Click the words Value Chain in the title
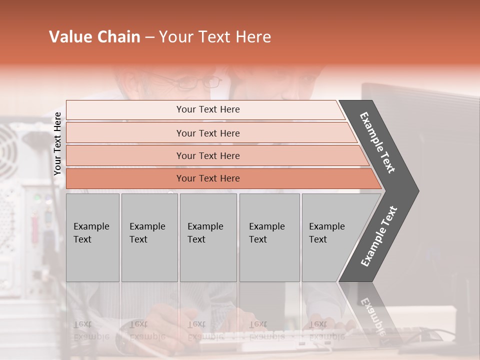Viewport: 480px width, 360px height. (94, 37)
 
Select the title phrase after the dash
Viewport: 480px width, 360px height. (215, 37)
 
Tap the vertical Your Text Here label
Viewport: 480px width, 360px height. (57, 143)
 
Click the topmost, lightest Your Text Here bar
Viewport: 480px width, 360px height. (207, 109)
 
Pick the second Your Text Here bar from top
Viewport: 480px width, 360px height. (207, 133)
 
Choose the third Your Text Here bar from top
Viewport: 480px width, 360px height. (207, 155)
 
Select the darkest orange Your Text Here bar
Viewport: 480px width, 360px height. (207, 178)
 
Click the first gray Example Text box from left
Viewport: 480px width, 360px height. (92, 237)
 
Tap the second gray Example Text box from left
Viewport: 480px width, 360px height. (149, 237)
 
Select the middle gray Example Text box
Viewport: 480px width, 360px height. (208, 237)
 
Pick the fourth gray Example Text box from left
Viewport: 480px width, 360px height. (269, 237)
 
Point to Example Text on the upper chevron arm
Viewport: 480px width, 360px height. (377, 142)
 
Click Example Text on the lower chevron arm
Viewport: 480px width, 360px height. (379, 236)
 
